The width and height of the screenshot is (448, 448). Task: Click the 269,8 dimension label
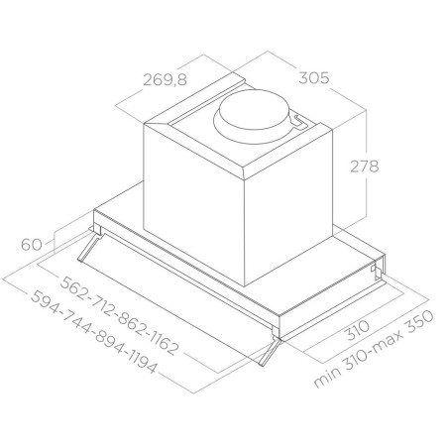(x=166, y=80)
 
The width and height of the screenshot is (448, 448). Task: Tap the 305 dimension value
(x=314, y=78)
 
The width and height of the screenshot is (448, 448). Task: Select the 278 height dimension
(x=364, y=167)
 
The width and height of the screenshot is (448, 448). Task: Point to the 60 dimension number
(x=32, y=245)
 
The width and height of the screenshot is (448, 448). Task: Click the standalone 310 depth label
(x=359, y=330)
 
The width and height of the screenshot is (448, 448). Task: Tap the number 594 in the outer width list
(x=45, y=301)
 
